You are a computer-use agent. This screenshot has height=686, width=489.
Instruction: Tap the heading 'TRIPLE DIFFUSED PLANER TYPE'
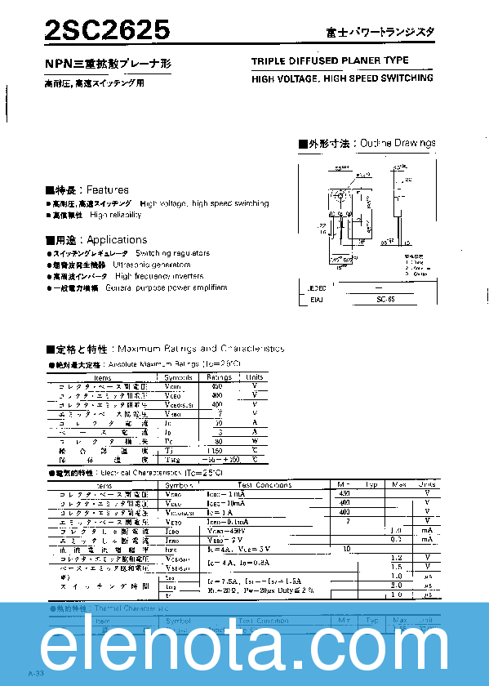pos(330,61)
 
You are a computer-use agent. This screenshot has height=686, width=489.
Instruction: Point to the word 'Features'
pos(108,189)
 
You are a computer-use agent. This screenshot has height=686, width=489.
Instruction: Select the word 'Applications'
pos(117,240)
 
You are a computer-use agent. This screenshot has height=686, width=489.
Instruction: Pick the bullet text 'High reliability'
pos(115,215)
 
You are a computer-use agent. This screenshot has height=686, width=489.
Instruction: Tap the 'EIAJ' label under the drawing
pos(316,301)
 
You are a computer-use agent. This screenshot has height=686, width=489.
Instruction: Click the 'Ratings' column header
pos(218,377)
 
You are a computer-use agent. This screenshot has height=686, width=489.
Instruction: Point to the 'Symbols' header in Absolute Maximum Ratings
pos(179,377)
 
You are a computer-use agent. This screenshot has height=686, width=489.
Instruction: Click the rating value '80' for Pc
pos(217,440)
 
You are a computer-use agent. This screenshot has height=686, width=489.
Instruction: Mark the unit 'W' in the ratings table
pos(255,440)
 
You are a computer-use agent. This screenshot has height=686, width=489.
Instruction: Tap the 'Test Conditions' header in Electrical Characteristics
pos(265,485)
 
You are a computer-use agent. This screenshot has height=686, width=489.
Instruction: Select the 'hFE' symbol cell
pos(171,549)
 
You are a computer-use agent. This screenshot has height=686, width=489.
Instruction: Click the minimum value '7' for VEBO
pos(348,521)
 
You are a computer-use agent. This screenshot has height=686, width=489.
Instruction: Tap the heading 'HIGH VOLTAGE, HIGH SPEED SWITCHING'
pos(343,78)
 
